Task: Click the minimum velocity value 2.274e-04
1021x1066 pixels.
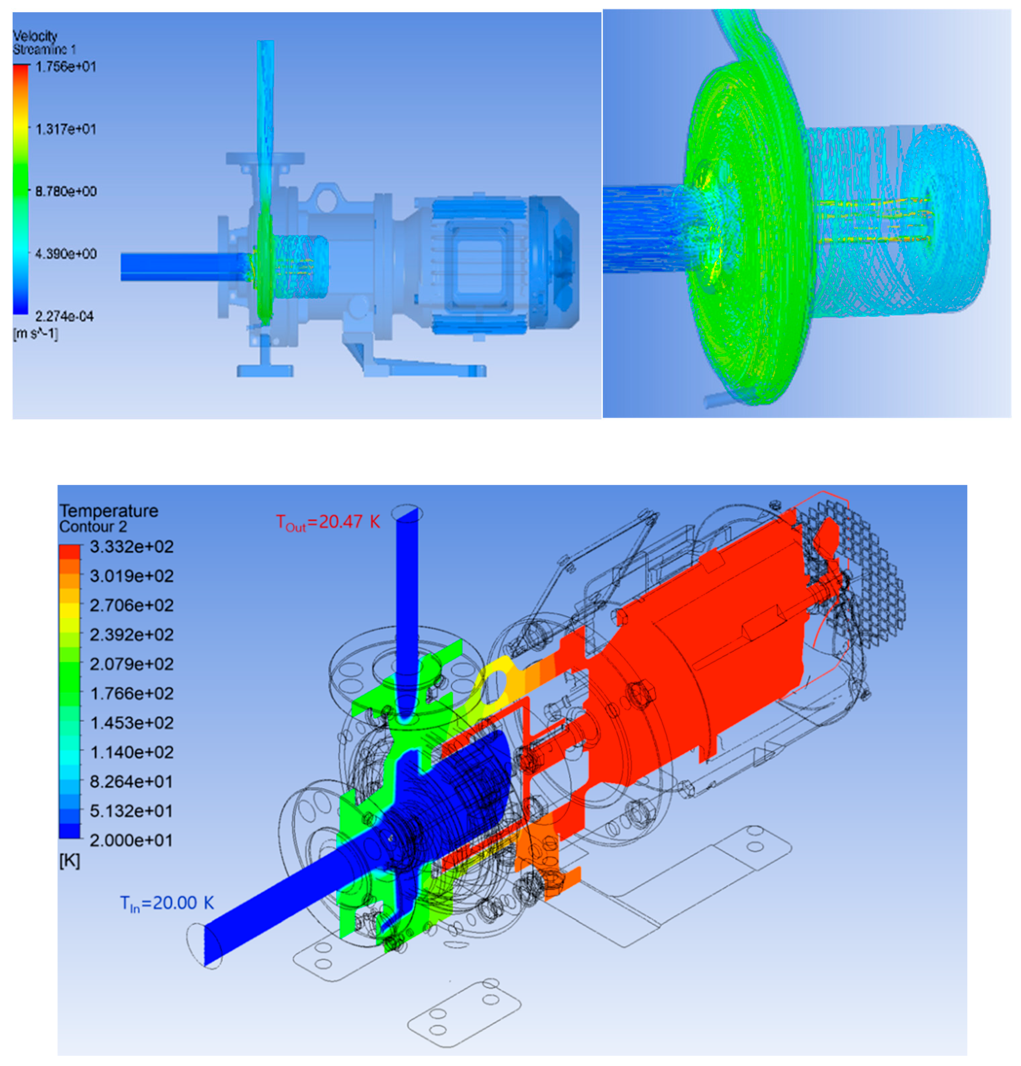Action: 65,316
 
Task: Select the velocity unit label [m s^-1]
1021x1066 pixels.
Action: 35,333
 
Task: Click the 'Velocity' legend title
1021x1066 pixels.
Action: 35,36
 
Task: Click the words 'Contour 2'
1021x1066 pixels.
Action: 93,527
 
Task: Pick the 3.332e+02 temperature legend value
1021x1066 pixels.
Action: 131,547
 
